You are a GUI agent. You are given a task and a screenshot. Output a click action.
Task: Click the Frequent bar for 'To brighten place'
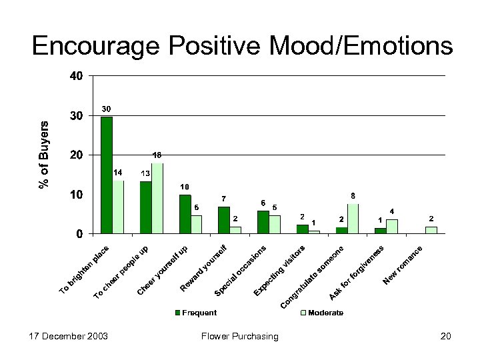(107, 175)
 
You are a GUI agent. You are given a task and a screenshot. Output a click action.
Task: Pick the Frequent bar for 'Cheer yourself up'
(185, 214)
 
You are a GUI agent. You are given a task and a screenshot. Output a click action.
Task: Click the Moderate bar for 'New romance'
(431, 230)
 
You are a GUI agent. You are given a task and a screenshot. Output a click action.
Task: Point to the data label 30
(106, 109)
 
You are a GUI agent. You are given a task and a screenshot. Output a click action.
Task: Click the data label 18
(157, 155)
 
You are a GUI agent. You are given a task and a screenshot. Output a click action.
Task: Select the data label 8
(353, 196)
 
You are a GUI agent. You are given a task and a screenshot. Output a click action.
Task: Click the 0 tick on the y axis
(80, 234)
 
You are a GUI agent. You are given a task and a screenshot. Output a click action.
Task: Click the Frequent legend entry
(196, 313)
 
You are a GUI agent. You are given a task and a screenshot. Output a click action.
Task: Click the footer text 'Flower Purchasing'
(239, 336)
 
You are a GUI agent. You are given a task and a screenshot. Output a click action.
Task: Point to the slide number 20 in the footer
(445, 336)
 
